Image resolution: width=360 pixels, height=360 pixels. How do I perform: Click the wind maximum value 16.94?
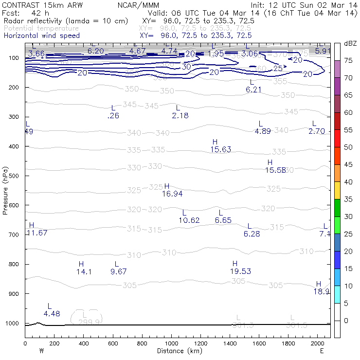coord(173,194)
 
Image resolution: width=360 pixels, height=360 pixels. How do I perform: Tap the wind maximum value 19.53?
coord(240,271)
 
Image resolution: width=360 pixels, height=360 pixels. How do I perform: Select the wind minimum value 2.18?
coord(180,115)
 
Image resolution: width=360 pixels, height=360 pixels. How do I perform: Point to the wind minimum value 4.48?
coord(52,313)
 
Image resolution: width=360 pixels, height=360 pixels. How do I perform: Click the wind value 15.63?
coord(221,149)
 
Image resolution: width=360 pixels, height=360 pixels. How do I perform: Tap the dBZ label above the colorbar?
coord(349,44)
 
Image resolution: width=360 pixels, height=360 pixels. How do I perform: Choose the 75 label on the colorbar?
coord(348,60)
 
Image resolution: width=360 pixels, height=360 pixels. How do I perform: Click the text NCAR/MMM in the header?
coord(136,5)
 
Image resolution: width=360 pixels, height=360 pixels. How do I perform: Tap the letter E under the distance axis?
coord(322,350)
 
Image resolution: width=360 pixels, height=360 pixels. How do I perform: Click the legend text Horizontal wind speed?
coord(41,36)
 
